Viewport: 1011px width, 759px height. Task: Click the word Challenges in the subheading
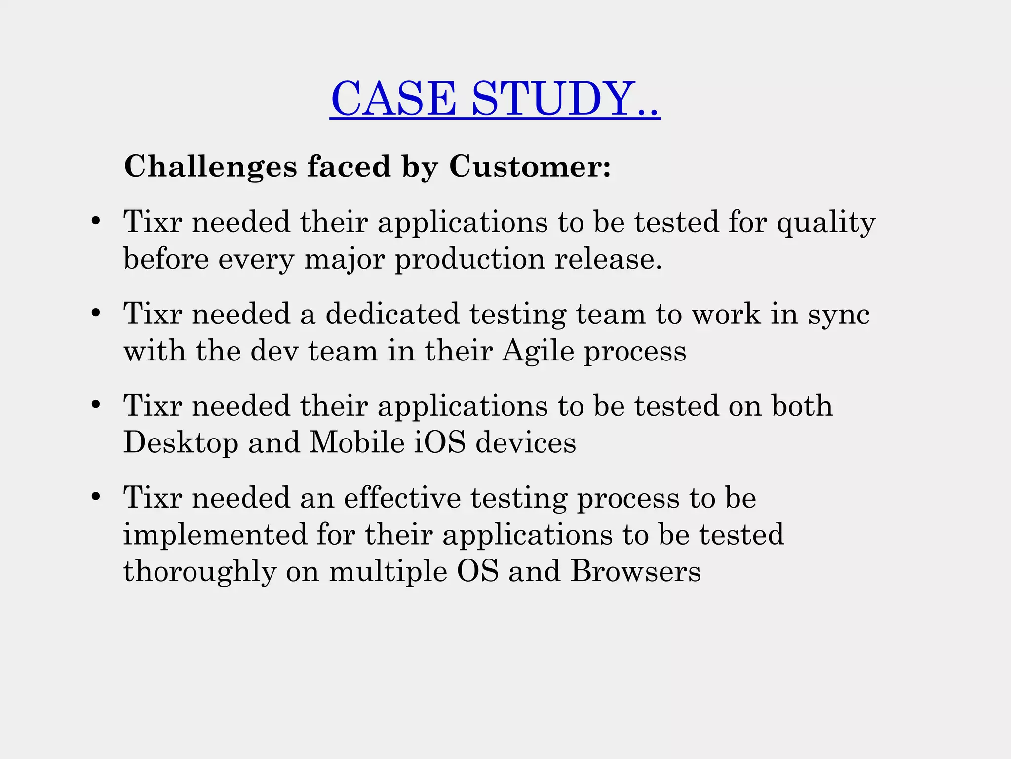[210, 166]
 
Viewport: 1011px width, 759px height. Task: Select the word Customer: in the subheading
[530, 166]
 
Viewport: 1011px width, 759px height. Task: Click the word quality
[826, 223]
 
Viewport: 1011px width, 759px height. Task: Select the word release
[608, 259]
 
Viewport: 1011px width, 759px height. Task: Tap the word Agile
[538, 352]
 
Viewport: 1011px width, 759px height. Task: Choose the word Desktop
[181, 442]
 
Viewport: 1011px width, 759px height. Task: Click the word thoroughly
[199, 572]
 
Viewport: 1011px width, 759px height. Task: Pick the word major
[344, 260]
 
